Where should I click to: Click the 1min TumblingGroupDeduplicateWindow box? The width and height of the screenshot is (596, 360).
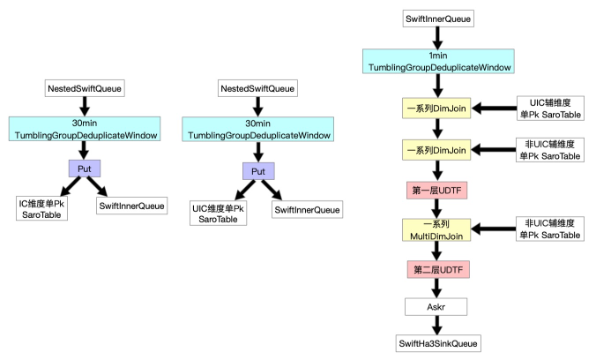pyautogui.click(x=438, y=61)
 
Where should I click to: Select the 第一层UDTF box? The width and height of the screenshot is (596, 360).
pyautogui.click(x=436, y=191)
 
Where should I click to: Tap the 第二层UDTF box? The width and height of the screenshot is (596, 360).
pyautogui.click(x=438, y=270)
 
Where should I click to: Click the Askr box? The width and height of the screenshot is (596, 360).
pyautogui.click(x=436, y=307)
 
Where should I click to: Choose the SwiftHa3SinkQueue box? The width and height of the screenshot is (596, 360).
pyautogui.click(x=438, y=343)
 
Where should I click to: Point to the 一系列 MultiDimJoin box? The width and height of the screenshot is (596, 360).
pyautogui.click(x=436, y=229)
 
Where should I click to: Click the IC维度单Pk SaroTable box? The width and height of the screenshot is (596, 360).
pyautogui.click(x=41, y=208)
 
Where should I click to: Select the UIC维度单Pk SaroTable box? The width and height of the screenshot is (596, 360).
pyautogui.click(x=218, y=214)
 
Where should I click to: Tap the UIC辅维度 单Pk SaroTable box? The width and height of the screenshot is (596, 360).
pyautogui.click(x=550, y=109)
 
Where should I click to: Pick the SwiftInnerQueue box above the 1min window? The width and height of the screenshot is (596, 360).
pyautogui.click(x=438, y=19)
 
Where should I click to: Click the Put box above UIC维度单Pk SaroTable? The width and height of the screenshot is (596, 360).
pyautogui.click(x=258, y=171)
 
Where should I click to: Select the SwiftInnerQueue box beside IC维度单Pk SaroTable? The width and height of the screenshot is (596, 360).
pyautogui.click(x=132, y=206)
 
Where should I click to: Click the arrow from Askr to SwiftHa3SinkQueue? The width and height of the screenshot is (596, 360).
pyautogui.click(x=437, y=326)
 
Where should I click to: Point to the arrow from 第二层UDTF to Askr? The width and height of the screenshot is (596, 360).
pyautogui.click(x=436, y=289)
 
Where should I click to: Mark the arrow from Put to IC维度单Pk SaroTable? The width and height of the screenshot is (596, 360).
pyautogui.click(x=71, y=186)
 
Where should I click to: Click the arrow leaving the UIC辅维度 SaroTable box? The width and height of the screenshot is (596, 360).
pyautogui.click(x=494, y=109)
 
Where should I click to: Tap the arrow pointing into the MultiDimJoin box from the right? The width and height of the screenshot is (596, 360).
pyautogui.click(x=494, y=229)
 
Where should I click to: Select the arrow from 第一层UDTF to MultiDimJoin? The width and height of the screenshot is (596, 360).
pyautogui.click(x=436, y=209)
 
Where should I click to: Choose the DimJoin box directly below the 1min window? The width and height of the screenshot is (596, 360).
pyautogui.click(x=436, y=109)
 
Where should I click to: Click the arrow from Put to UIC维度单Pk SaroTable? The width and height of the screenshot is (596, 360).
pyautogui.click(x=245, y=190)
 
